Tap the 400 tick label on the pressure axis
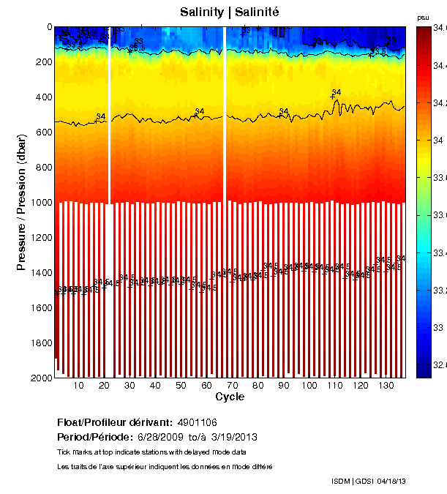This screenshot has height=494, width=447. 42,97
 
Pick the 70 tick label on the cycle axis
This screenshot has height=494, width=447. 233,386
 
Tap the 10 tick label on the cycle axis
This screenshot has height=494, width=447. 79,386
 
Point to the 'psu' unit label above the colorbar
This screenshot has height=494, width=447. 422,17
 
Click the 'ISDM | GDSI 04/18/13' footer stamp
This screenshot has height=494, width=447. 368,481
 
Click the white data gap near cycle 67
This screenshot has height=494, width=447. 225,110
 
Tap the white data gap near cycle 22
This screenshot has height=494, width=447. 110,110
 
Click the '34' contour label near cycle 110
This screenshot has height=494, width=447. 337,92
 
